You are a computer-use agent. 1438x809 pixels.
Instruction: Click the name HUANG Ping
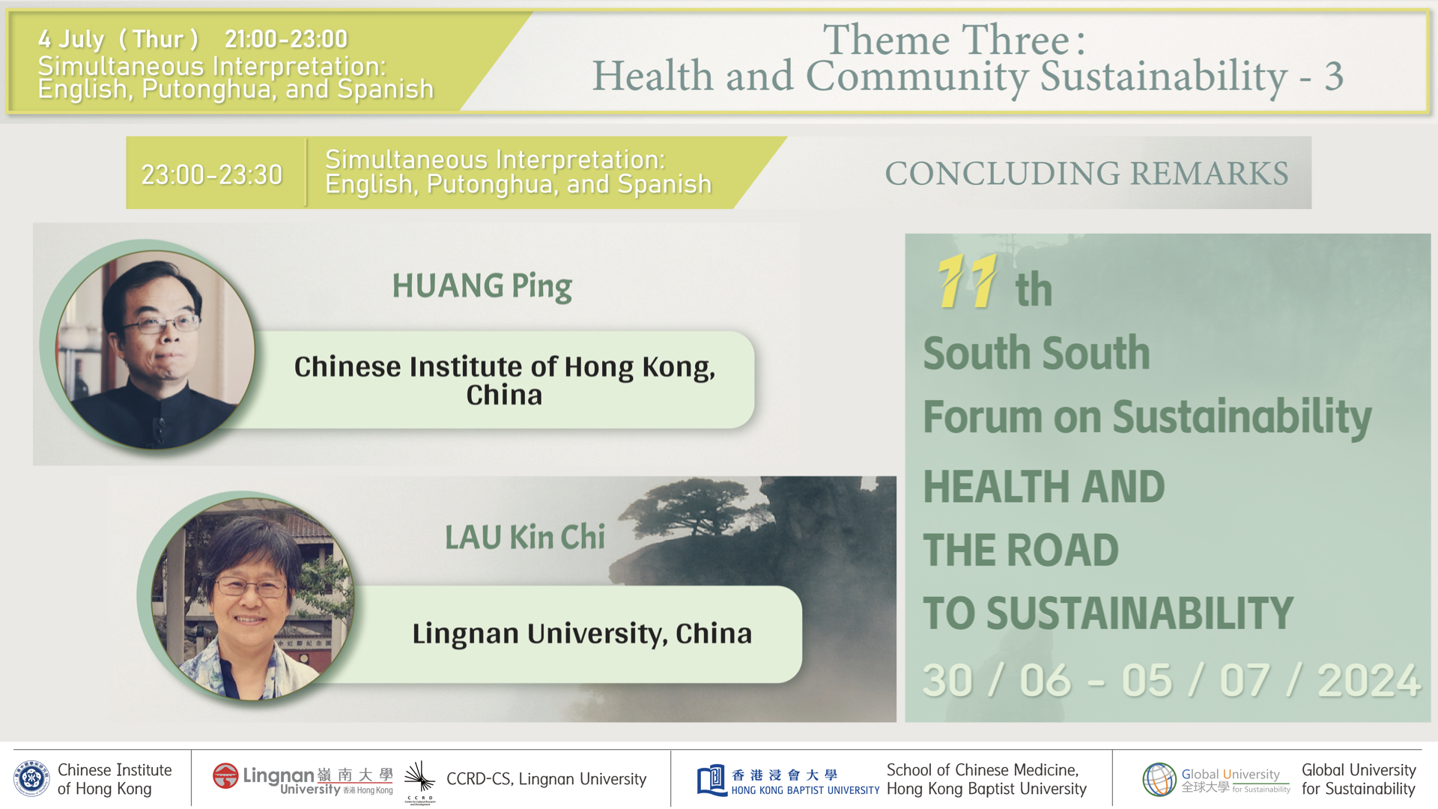[482, 286]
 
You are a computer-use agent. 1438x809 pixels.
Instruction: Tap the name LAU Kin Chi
[525, 537]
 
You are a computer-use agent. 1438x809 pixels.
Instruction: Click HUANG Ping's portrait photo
[155, 350]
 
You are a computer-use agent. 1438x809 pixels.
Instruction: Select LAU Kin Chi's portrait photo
[252, 599]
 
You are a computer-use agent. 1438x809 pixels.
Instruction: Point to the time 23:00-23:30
[212, 175]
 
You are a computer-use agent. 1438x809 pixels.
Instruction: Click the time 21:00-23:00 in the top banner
[286, 39]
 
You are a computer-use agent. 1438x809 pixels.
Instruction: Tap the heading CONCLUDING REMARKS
[1087, 173]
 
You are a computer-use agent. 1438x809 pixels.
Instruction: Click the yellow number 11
[967, 281]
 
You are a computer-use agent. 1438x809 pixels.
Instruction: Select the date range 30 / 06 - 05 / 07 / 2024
[1171, 680]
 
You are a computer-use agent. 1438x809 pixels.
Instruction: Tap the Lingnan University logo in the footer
[303, 779]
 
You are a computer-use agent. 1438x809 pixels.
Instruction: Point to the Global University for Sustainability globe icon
[1159, 779]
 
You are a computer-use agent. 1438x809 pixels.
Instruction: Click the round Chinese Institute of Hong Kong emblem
[31, 778]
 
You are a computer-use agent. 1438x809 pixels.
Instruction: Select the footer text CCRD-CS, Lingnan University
[546, 779]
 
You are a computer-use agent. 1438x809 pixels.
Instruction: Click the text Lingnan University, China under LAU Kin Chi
[582, 634]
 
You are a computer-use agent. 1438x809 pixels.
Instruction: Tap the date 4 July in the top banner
[71, 39]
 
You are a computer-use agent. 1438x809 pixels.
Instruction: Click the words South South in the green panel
[1036, 353]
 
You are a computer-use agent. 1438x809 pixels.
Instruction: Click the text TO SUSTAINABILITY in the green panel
[1108, 613]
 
